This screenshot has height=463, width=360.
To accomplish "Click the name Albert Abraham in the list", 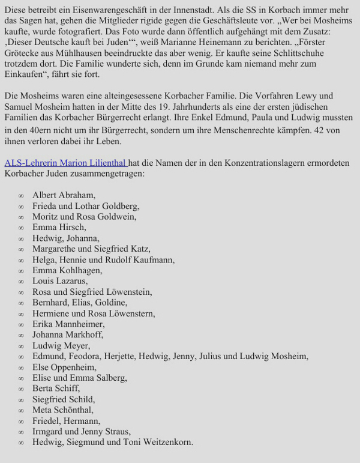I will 63,195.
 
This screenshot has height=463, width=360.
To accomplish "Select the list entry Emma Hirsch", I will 59,227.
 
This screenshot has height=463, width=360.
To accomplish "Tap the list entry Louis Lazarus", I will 59,281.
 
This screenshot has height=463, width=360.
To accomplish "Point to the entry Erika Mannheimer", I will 68,324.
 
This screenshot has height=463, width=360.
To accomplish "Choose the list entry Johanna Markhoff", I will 67,335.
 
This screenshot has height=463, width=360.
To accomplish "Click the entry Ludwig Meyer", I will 61,346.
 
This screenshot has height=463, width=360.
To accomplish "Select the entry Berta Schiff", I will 56,389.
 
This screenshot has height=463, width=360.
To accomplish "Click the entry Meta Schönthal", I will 62,410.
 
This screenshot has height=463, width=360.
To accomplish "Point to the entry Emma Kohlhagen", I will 67,270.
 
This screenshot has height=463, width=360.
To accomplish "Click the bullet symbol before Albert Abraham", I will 21,196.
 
